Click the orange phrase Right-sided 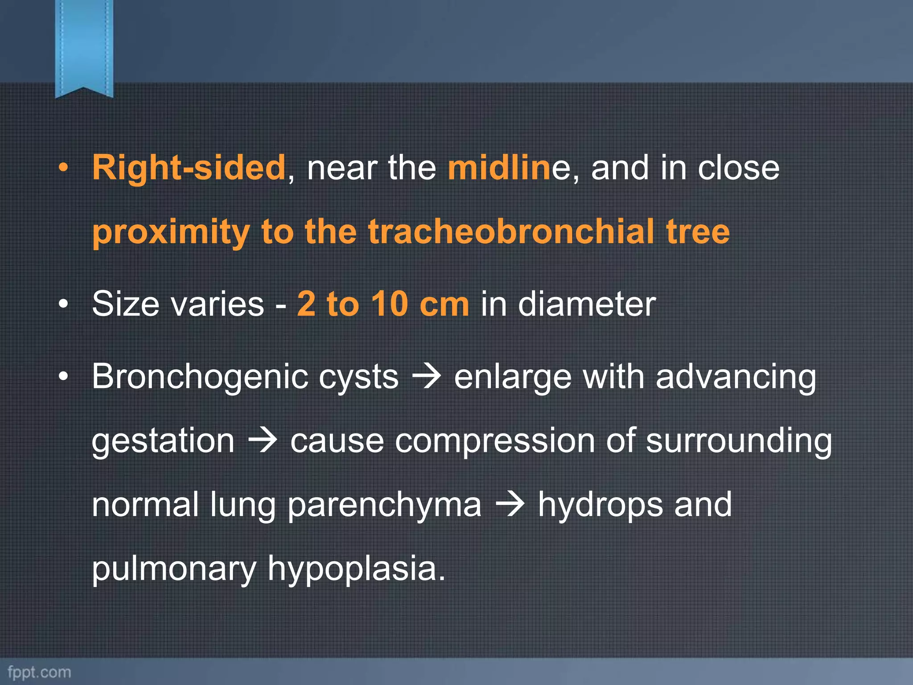(189, 168)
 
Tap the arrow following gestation (263, 441)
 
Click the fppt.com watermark (39, 672)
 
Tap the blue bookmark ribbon (84, 47)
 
